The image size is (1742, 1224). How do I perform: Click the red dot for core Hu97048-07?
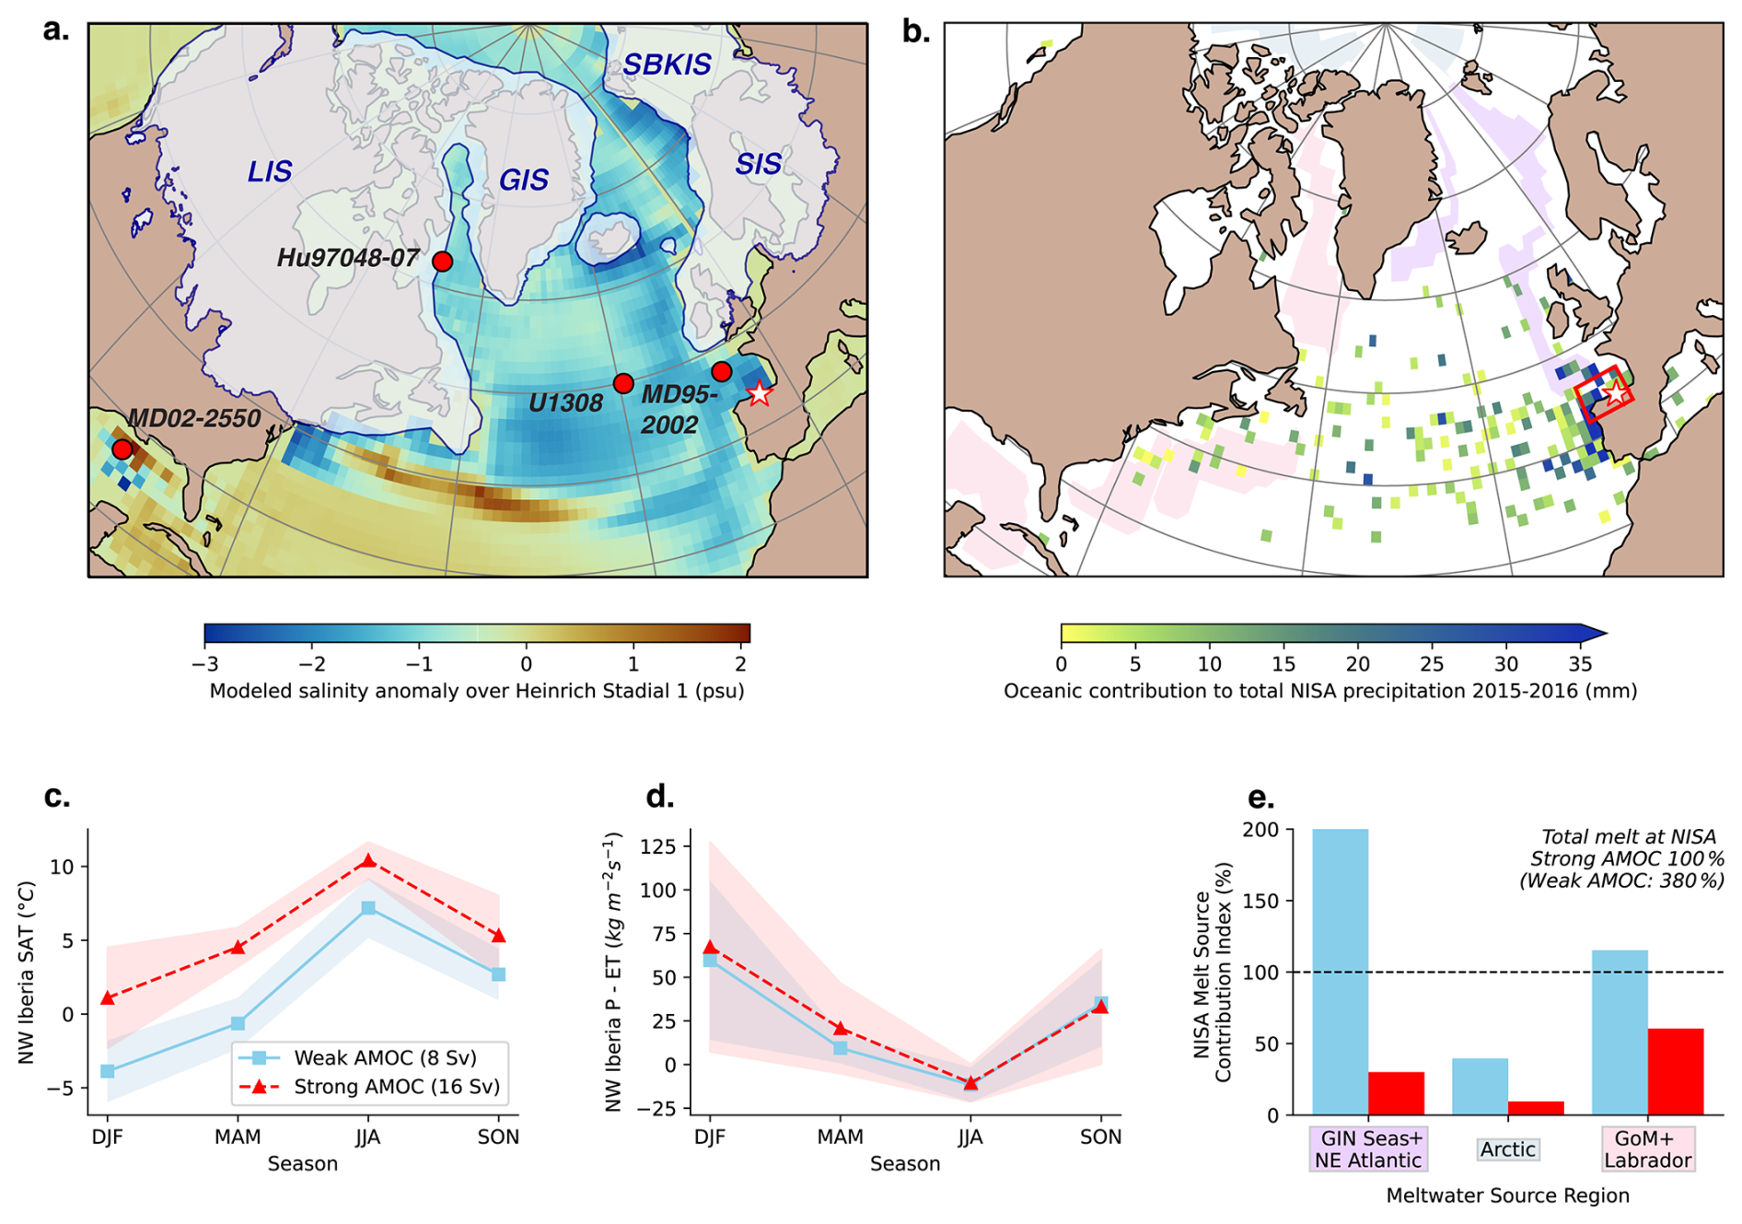point(442,262)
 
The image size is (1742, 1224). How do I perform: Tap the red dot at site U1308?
point(623,383)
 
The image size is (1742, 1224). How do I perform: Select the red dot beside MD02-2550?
point(122,449)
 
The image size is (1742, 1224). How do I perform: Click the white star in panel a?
point(759,393)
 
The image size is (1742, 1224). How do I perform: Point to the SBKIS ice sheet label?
point(667,65)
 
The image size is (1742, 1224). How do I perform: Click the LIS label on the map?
point(270,171)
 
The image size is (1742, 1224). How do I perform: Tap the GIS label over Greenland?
point(524,180)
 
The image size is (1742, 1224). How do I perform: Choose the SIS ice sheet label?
point(758,165)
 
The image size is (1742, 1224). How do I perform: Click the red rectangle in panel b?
point(1604,393)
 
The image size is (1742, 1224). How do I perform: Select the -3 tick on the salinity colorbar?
point(205,663)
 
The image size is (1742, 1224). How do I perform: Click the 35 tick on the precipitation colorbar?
point(1580,663)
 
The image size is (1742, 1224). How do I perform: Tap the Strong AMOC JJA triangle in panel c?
point(368,861)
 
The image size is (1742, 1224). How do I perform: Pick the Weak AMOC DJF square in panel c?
point(108,1071)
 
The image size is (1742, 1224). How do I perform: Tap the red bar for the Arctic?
point(1536,1108)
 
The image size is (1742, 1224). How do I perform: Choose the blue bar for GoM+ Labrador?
point(1620,1032)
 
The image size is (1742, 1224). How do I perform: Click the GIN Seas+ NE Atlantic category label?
point(1368,1149)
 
